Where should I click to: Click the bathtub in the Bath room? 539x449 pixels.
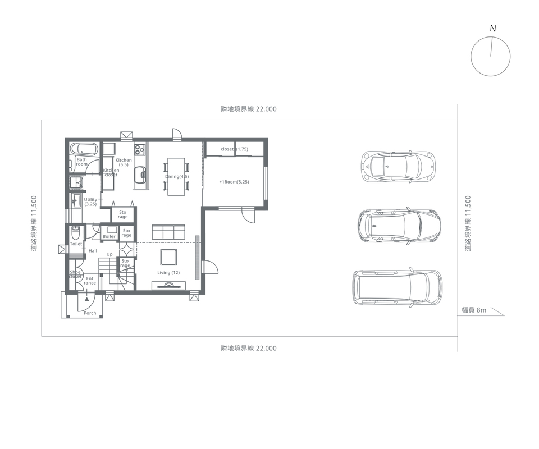pyautogui.click(x=85, y=149)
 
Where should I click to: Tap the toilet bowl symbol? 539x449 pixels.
pyautogui.click(x=76, y=232)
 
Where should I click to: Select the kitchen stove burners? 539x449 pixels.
pyautogui.click(x=139, y=149)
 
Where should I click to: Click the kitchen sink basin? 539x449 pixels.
pyautogui.click(x=140, y=175)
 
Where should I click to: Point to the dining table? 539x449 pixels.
pyautogui.click(x=176, y=177)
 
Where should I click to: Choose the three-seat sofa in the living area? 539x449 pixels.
pyautogui.click(x=168, y=232)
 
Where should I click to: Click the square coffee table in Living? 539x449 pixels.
pyautogui.click(x=169, y=257)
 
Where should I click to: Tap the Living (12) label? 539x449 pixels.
pyautogui.click(x=168, y=272)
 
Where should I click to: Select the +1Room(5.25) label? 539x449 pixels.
pyautogui.click(x=234, y=182)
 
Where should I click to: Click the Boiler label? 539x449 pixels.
pyautogui.click(x=109, y=236)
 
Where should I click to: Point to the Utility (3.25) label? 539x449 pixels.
pyautogui.click(x=90, y=201)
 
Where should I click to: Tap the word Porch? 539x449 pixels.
pyautogui.click(x=90, y=313)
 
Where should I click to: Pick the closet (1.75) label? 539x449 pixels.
pyautogui.click(x=235, y=149)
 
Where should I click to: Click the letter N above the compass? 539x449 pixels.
pyautogui.click(x=493, y=29)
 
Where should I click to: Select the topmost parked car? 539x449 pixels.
pyautogui.click(x=398, y=166)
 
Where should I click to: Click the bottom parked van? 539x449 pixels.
pyautogui.click(x=398, y=287)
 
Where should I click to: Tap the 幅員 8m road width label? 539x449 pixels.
pyautogui.click(x=474, y=310)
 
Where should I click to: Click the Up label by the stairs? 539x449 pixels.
pyautogui.click(x=109, y=255)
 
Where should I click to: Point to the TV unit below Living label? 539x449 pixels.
pyautogui.click(x=169, y=286)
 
